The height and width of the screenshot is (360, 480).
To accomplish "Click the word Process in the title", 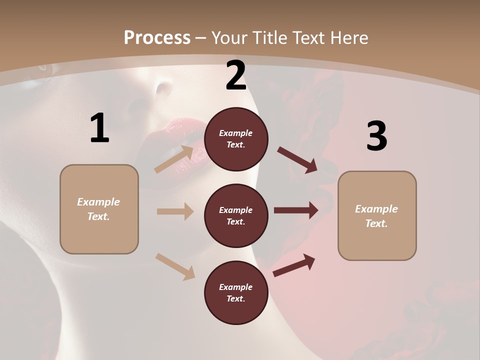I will (157, 37).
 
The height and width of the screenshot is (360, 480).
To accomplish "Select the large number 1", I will (99, 128).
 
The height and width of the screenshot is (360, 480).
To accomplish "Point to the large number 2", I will (236, 75).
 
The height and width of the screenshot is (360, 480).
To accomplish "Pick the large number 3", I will (376, 136).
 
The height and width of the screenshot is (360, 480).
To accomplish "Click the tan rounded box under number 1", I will (99, 209).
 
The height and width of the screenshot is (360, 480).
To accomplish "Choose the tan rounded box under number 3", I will (377, 215).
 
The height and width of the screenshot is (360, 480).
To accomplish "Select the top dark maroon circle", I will (236, 139).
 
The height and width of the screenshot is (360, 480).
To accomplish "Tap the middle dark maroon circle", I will (236, 215).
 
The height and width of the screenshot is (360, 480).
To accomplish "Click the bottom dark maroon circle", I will (236, 292).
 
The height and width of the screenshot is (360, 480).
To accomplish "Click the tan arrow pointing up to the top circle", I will (174, 159).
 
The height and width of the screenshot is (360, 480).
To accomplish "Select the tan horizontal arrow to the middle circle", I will (175, 211).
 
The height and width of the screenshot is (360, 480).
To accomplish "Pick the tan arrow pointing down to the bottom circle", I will (175, 266).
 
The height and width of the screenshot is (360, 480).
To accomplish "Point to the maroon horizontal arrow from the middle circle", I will (296, 210).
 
